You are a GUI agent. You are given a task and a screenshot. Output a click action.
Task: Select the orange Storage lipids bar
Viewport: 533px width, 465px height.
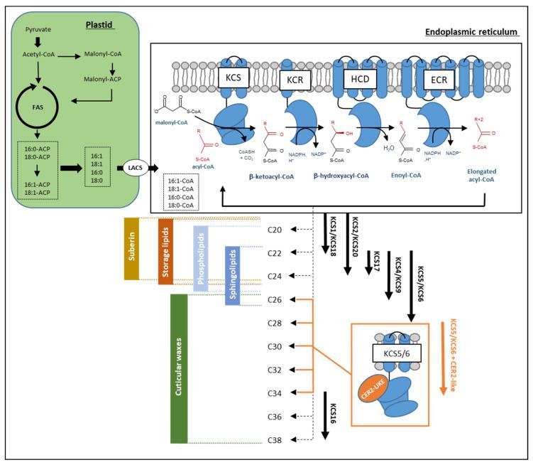pyautogui.click(x=165, y=250)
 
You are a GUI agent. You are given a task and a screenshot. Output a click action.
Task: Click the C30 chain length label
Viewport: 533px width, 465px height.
pyautogui.click(x=276, y=347)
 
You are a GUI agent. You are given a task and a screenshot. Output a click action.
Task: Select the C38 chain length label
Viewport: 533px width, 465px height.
pyautogui.click(x=276, y=440)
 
